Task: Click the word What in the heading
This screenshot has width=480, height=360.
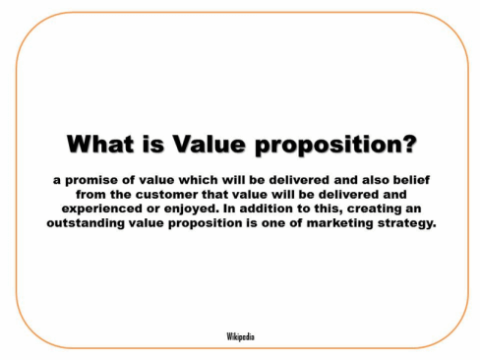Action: (100, 144)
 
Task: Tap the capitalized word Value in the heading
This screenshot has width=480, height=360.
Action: (209, 144)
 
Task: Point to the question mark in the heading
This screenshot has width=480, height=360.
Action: (409, 144)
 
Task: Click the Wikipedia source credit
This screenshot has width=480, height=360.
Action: (240, 336)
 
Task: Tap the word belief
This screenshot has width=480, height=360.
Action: (411, 180)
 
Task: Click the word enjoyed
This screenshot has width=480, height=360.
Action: (191, 210)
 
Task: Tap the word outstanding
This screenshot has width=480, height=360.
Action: (86, 223)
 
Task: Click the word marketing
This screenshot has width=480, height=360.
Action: (339, 223)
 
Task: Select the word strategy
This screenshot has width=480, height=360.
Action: (407, 223)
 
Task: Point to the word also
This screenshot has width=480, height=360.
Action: (375, 180)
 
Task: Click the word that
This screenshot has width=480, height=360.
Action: (215, 194)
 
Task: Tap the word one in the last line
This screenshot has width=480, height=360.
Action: (270, 224)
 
